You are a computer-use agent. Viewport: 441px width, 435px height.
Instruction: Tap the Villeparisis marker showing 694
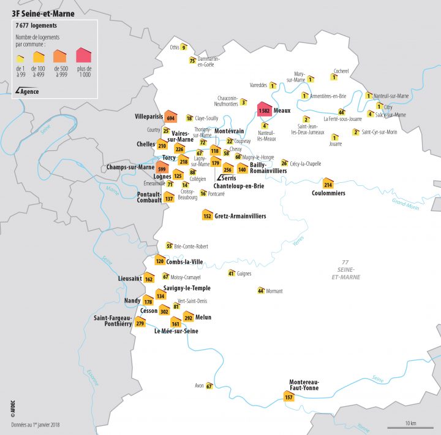coord(170,117)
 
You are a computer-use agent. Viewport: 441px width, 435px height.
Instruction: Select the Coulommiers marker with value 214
coord(328,184)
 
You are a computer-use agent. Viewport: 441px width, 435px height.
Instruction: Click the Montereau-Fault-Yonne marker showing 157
coord(288,396)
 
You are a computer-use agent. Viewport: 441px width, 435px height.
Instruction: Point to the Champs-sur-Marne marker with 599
coord(162,167)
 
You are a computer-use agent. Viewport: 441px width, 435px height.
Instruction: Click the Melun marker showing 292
coord(188,317)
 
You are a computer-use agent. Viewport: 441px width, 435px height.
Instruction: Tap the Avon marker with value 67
coord(209,386)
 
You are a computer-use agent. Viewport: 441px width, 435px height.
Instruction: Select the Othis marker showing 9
coord(183,47)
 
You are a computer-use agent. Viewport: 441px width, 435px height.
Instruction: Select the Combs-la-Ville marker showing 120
coord(160,260)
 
